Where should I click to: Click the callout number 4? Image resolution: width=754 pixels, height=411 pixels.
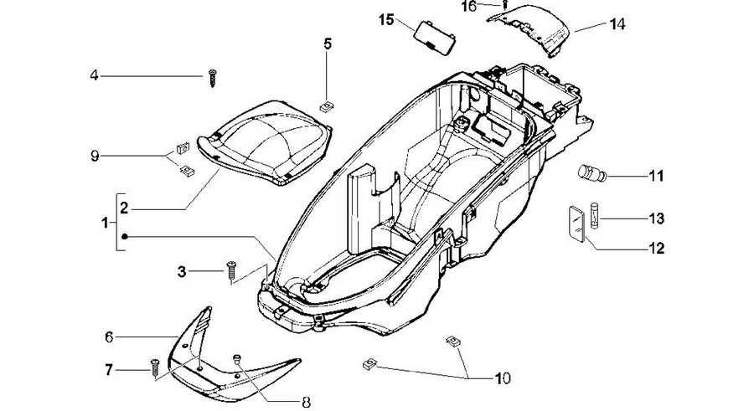click(x=94, y=75)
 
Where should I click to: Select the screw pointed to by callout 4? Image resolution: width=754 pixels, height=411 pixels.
click(x=213, y=78)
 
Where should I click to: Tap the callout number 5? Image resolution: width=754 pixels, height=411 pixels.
click(x=328, y=44)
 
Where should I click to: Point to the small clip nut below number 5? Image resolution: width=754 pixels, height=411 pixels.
click(x=327, y=106)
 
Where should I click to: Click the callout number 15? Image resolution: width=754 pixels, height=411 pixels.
click(x=386, y=20)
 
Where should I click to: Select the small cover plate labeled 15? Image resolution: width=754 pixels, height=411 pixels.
click(x=435, y=38)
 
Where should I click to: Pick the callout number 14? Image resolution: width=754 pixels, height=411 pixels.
click(x=617, y=24)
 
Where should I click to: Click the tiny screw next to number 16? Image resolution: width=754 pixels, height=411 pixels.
click(x=505, y=5)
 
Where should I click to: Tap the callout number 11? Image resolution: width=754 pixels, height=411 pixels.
click(x=656, y=176)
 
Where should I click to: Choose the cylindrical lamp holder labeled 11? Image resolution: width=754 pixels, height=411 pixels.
click(x=592, y=173)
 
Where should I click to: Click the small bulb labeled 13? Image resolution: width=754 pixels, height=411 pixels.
click(x=594, y=216)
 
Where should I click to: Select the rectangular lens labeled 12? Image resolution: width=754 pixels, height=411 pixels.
click(x=576, y=224)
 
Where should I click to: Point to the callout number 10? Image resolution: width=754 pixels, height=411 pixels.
click(x=503, y=379)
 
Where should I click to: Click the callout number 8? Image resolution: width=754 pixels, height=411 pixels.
click(x=307, y=403)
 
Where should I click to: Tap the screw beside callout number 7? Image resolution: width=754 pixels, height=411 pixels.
click(x=155, y=368)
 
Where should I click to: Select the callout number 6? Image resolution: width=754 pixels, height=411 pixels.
click(x=109, y=337)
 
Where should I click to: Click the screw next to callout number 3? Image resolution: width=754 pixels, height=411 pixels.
click(x=231, y=270)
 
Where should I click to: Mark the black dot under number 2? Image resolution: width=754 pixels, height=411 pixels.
click(x=125, y=237)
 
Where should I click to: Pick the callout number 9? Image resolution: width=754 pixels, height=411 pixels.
click(x=95, y=157)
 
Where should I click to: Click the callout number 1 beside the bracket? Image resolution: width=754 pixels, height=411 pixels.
click(x=105, y=223)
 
